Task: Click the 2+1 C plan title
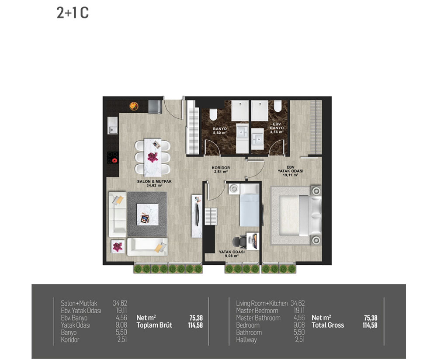pos(73,13)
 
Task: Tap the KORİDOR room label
pos(221,168)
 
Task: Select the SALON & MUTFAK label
pos(154,181)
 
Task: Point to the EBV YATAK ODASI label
pos(291,169)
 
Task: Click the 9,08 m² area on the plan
pos(232,256)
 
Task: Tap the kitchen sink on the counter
pos(113,125)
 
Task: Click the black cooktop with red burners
pos(113,157)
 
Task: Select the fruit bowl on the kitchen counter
pos(134,106)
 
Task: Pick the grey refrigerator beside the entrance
pos(155,107)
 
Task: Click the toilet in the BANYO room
pos(213,114)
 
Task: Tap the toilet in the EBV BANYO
pos(277,106)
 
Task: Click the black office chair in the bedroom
pos(239,242)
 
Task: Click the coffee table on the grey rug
pos(147,214)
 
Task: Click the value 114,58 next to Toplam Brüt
pos(195,325)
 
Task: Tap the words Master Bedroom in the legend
pos(257,311)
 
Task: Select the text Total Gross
pos(328,325)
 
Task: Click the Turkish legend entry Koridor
pos(70,339)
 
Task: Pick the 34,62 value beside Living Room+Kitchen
pos(298,303)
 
